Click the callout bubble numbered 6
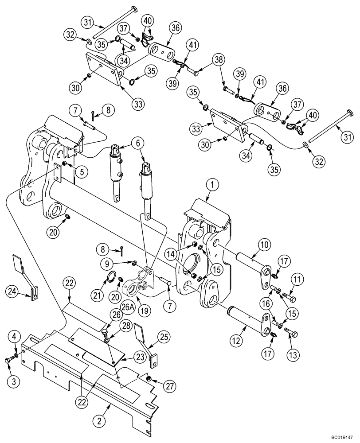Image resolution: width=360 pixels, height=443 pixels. pos(137,143)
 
